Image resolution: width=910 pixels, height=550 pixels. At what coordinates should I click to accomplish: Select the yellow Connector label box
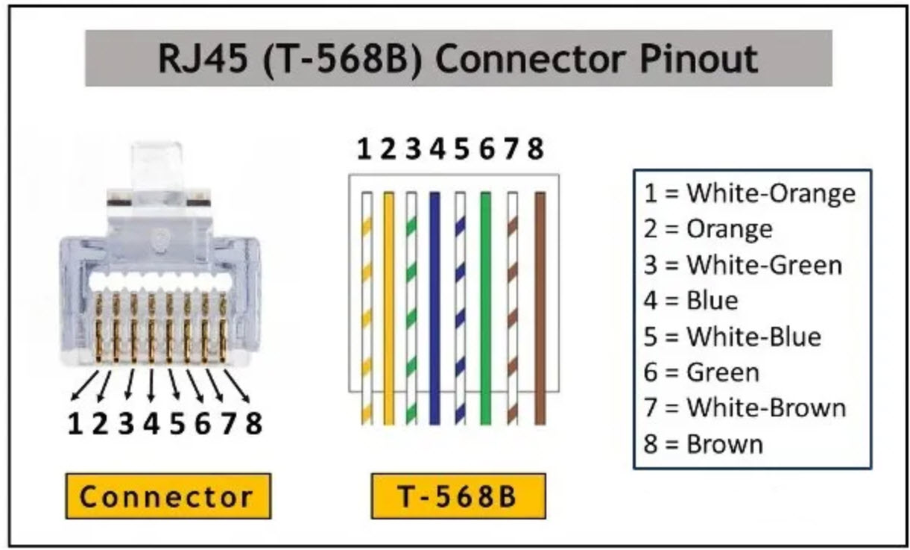167,496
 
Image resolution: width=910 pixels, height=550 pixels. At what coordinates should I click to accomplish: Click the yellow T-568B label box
455,496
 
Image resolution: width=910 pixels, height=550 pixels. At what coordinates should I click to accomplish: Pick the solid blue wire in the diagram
435,306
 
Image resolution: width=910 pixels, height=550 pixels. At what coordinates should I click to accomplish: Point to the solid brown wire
540,306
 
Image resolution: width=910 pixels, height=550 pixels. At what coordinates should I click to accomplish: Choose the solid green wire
486,306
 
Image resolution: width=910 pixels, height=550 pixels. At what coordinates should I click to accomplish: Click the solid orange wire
388,306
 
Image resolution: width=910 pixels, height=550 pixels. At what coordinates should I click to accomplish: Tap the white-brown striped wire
513,306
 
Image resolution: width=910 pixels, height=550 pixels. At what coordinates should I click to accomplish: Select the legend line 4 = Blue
690,301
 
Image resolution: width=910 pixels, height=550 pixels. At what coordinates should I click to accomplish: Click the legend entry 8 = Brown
703,444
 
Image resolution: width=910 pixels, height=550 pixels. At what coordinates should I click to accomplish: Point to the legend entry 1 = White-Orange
749,193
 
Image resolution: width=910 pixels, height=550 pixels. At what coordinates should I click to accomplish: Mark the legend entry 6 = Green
701,372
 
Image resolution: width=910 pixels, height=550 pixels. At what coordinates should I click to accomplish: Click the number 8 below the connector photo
254,423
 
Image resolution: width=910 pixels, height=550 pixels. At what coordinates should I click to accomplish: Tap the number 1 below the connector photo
75,423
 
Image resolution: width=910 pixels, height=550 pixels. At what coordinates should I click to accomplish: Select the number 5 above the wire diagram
462,150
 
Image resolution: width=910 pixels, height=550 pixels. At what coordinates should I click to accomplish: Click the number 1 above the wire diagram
364,150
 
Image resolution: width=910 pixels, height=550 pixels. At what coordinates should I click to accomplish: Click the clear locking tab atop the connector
155,164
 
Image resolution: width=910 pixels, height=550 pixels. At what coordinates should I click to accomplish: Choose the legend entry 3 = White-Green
742,265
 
